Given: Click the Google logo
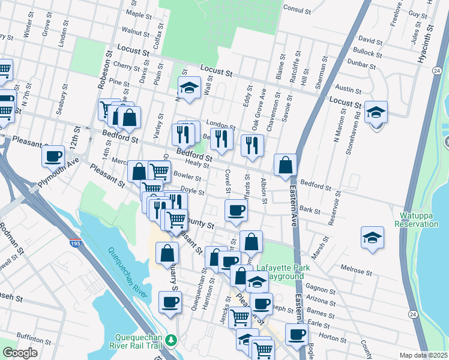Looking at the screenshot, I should click(20, 353).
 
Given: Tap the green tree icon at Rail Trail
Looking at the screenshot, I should click(171, 340).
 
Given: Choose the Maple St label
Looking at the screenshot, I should click(138, 13).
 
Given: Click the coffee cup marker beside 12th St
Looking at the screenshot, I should click(53, 157).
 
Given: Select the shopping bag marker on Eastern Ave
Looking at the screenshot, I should click(285, 164).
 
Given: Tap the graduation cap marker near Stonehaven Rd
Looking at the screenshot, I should click(376, 112).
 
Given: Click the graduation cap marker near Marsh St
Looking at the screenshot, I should click(372, 238).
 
